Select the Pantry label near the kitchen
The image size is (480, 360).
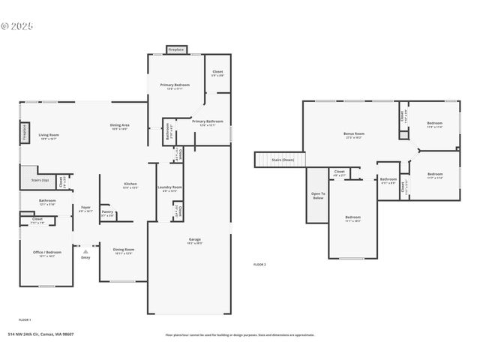(107, 212)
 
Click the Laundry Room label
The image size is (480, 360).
(170, 187)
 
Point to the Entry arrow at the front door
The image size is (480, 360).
(85, 251)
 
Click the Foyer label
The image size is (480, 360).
(85, 208)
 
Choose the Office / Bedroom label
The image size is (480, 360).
(48, 253)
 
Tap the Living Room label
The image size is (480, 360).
(49, 136)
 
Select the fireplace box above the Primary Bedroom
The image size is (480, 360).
(176, 49)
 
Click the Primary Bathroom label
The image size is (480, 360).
(207, 121)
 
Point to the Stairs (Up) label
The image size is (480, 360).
(40, 180)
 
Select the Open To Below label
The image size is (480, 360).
(318, 196)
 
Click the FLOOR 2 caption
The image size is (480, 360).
(259, 265)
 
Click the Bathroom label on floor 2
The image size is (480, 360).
(388, 179)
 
